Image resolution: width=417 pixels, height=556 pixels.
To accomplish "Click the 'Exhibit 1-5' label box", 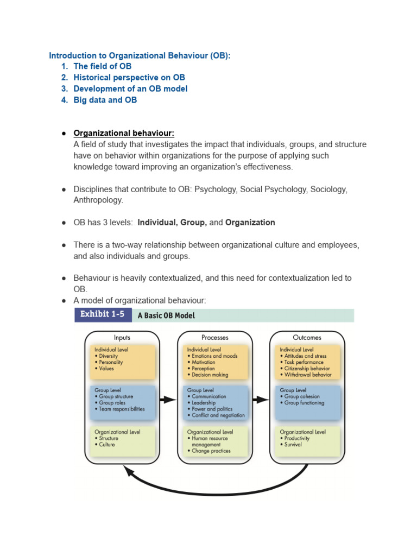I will tap(103, 315).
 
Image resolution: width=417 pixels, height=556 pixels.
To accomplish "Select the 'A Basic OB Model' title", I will tap(166, 315).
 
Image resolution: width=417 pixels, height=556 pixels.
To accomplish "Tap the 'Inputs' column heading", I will tap(122, 337).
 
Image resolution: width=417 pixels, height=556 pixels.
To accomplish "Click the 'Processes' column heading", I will tap(214, 337).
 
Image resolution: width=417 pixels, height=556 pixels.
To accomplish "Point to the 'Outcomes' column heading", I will tap(307, 337).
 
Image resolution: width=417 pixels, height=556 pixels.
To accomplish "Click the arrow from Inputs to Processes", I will tap(168, 400).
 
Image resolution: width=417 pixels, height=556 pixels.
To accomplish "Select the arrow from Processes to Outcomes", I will tap(261, 400).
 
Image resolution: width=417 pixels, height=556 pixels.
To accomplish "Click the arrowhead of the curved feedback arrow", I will tap(129, 471).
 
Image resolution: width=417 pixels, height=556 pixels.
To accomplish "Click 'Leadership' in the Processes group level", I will tap(204, 403).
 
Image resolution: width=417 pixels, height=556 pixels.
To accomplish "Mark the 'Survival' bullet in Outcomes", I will tap(293, 445).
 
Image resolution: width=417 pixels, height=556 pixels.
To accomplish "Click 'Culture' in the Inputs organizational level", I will tap(107, 445).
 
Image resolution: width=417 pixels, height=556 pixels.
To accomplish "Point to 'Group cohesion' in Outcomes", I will tap(302, 396).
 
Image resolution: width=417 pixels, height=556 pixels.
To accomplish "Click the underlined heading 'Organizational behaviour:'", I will tap(124, 133).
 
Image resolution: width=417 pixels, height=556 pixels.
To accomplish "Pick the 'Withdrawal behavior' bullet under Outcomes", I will tap(308, 375).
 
